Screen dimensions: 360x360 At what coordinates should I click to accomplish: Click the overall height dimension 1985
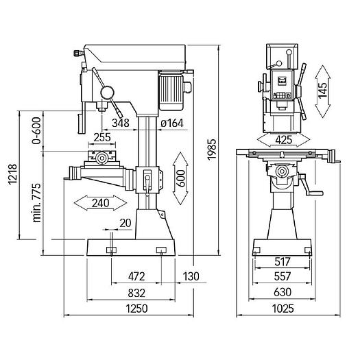click(212, 149)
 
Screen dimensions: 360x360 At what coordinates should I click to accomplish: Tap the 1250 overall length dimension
click(136, 309)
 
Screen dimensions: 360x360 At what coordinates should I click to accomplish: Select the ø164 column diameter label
click(172, 123)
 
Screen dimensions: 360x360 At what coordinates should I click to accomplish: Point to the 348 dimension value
click(121, 123)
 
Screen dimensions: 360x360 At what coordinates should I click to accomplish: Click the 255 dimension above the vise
click(102, 137)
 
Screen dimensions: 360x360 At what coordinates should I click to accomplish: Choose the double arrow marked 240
click(100, 203)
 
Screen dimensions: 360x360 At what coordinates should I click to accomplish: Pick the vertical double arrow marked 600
click(181, 178)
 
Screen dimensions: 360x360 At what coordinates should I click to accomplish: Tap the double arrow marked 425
click(284, 140)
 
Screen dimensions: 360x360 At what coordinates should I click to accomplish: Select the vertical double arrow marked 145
click(323, 92)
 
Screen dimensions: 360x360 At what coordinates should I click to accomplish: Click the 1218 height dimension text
click(12, 174)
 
